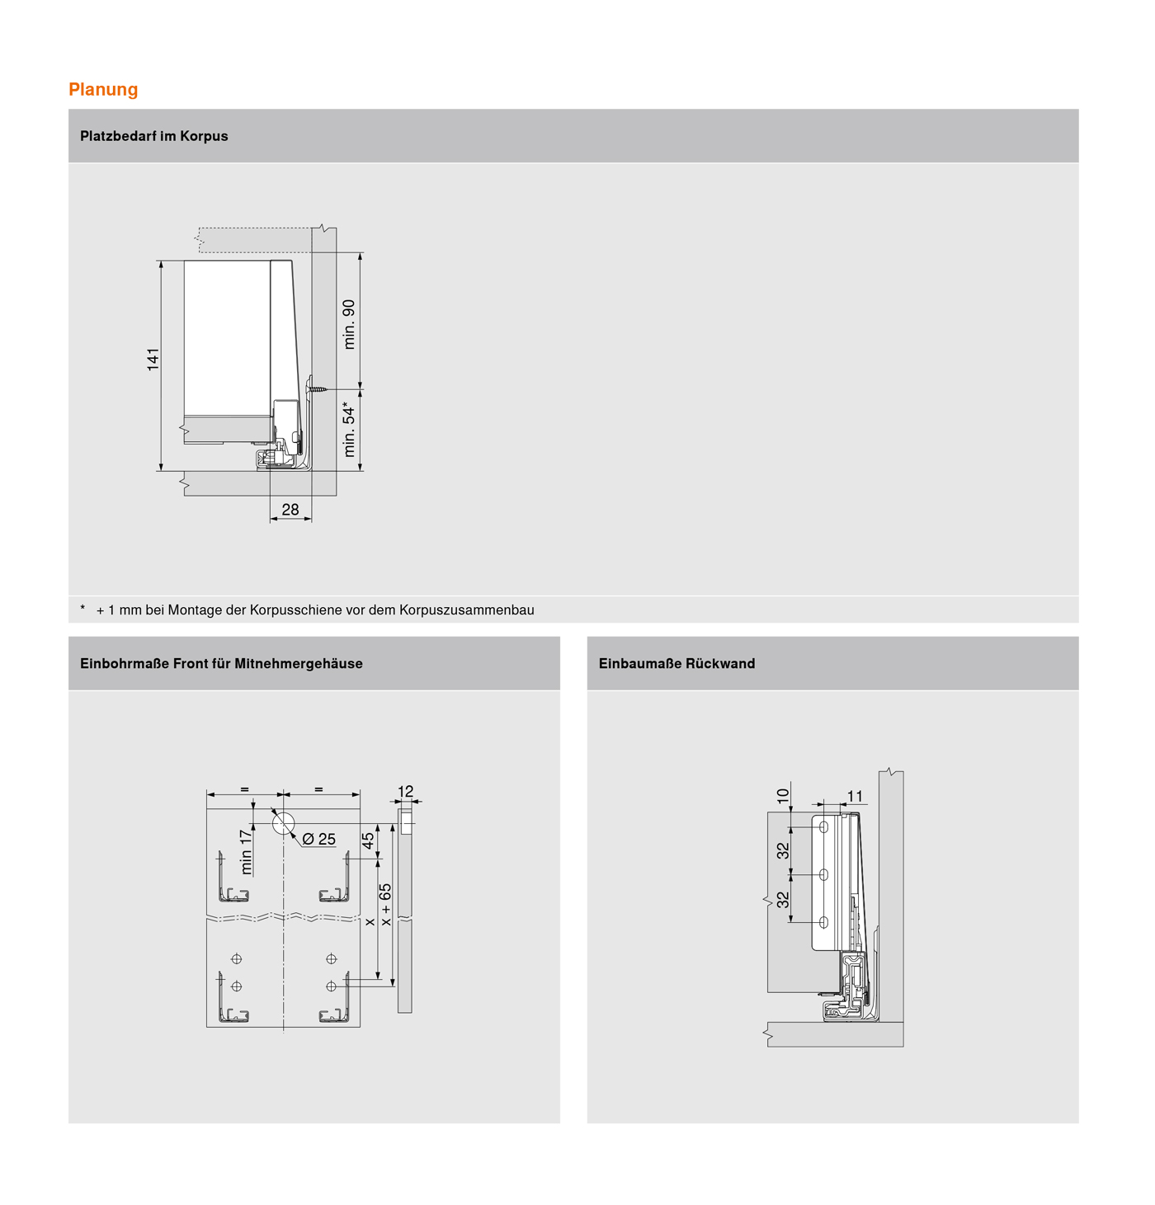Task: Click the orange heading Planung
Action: pyautogui.click(x=103, y=89)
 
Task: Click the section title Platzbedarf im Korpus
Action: pyautogui.click(x=153, y=136)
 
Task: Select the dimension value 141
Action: pyautogui.click(x=153, y=360)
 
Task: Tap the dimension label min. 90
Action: pyautogui.click(x=349, y=324)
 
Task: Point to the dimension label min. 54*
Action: pyautogui.click(x=349, y=430)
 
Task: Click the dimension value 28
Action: pyautogui.click(x=290, y=510)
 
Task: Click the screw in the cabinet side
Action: pyautogui.click(x=318, y=388)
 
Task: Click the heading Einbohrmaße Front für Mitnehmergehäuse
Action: pyautogui.click(x=221, y=663)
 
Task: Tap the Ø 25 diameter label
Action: pyautogui.click(x=318, y=839)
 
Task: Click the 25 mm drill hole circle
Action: pyautogui.click(x=283, y=823)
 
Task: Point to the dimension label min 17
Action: pyautogui.click(x=246, y=852)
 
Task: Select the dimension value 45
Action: pyautogui.click(x=368, y=840)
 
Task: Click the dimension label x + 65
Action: pyautogui.click(x=385, y=905)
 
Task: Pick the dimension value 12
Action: pyautogui.click(x=405, y=792)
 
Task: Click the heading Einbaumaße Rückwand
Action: pyautogui.click(x=676, y=663)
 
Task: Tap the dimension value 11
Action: pyautogui.click(x=855, y=796)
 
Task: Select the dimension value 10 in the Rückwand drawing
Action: pyautogui.click(x=783, y=796)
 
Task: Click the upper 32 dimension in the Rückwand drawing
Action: pyautogui.click(x=783, y=850)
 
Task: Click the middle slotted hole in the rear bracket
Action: pyautogui.click(x=823, y=875)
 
